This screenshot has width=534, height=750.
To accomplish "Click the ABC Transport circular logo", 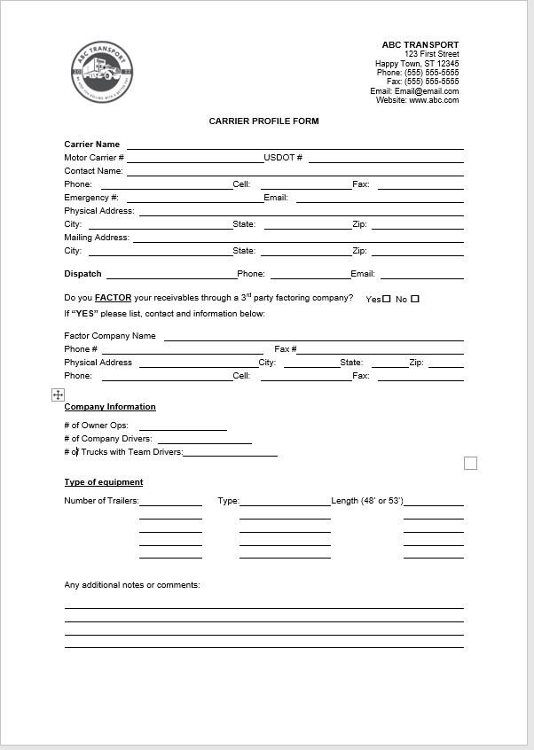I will pos(103,73).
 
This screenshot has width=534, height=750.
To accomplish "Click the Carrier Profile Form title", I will pos(263,121).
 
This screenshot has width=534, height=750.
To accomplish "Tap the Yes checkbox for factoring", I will pos(387,299).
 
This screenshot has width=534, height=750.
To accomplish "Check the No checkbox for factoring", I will pos(415,299).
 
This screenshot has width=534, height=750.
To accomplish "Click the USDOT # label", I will pos(283,158).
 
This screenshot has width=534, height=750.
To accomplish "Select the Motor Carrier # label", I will pos(94,158).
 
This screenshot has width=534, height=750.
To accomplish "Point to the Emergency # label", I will pos(91,198).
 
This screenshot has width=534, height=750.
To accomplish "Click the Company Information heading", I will pos(110,407).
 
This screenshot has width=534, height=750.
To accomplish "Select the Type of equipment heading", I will pos(104,482).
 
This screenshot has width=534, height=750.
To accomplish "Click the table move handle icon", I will pos(58,395).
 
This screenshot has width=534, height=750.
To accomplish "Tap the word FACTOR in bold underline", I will pos(113,299).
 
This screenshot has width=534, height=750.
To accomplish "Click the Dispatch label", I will pos(82,274).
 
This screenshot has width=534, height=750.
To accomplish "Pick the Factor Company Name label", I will pos(110,336).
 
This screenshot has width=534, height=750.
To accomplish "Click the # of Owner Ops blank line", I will pos(183,429).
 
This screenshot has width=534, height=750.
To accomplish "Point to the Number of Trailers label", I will pos(101,501).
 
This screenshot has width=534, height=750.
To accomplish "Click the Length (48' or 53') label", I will pos(367,501).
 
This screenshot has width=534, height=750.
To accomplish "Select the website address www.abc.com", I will pos(434,100).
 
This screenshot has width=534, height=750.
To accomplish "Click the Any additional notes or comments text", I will pos(132,585).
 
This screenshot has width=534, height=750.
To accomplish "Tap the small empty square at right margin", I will pos(471,463).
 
